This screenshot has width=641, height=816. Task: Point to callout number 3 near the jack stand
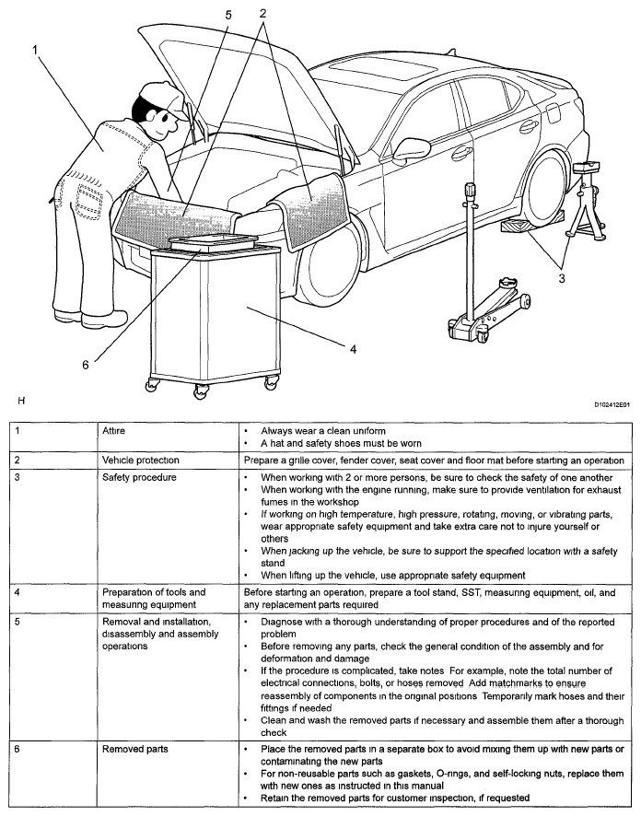pyautogui.click(x=560, y=275)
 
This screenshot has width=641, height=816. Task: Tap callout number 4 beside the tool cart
pyautogui.click(x=352, y=348)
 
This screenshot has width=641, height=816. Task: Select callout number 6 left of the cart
pyautogui.click(x=85, y=364)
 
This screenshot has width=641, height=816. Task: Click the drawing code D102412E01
pyautogui.click(x=612, y=403)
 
